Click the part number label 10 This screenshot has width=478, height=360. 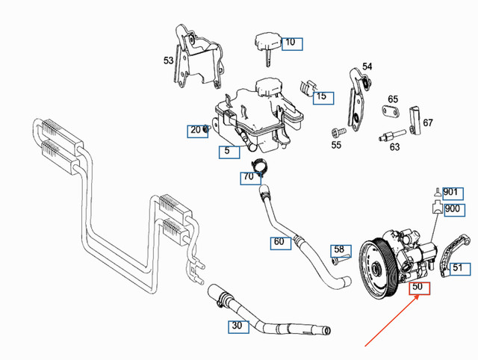[291, 43]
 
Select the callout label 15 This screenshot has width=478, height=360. [321, 96]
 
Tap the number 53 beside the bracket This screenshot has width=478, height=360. [169, 59]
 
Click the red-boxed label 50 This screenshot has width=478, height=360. [418, 287]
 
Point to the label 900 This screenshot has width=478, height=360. [452, 208]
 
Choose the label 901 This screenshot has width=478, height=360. [450, 192]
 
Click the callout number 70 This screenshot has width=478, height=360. [248, 177]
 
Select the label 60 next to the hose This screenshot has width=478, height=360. [279, 242]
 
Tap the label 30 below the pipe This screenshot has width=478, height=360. [238, 325]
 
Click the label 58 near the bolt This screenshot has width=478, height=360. [341, 249]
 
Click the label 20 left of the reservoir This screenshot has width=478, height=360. [196, 130]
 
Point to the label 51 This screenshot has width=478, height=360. [457, 267]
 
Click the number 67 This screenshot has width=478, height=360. [428, 122]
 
